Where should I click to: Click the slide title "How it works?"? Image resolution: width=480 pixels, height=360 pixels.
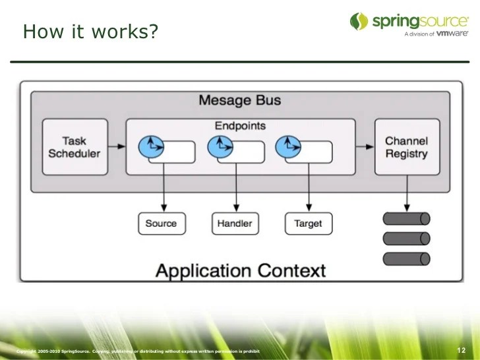pos(90,32)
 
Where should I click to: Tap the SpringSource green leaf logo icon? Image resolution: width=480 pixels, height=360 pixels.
pos(359,21)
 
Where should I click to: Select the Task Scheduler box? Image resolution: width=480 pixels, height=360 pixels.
pos(74,147)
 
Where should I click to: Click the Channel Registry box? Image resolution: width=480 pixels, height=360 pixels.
pos(406,147)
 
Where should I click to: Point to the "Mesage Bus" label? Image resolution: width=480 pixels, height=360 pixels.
pos(239,100)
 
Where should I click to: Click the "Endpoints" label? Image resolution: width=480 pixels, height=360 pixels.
pos(240,125)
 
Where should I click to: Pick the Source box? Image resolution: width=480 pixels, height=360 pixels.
pos(162,224)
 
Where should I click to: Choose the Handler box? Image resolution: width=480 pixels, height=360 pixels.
pos(235,224)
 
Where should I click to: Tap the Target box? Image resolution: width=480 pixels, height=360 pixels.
pos(308,224)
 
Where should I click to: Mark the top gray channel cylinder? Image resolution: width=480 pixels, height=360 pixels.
pos(406,218)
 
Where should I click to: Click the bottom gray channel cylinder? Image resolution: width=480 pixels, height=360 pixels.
pos(406,258)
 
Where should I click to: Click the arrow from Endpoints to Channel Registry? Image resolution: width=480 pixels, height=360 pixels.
pos(364,146)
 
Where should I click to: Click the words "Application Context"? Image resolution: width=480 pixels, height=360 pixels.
pos(240,270)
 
